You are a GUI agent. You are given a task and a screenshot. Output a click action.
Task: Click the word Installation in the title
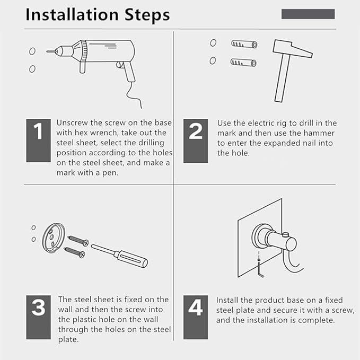[72, 15]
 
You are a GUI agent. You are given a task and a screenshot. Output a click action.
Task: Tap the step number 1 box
[38, 141]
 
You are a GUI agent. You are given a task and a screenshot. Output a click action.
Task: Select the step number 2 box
[196, 141]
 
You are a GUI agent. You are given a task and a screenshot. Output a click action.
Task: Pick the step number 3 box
[38, 317]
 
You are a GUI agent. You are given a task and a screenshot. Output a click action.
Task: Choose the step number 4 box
[196, 317]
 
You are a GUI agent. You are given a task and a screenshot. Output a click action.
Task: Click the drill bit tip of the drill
[47, 51]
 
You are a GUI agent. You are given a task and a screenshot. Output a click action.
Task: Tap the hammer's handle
[282, 78]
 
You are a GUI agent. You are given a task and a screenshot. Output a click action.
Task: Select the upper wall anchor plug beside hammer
[244, 43]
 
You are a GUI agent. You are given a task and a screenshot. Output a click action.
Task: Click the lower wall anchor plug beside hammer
[243, 62]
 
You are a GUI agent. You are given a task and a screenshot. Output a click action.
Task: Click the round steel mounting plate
[53, 238]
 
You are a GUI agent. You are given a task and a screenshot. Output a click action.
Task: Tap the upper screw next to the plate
[78, 241]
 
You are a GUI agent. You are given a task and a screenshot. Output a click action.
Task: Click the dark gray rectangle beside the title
[308, 14]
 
